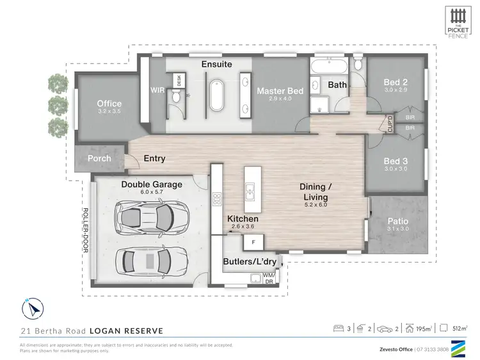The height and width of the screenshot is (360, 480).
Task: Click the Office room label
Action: (109, 104)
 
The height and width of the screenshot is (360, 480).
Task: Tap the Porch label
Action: (99, 158)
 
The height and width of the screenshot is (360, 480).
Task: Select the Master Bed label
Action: (279, 92)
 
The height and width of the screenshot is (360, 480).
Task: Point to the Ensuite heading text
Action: (216, 65)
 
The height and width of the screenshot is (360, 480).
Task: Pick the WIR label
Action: (158, 90)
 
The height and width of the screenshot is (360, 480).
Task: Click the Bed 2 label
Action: (396, 82)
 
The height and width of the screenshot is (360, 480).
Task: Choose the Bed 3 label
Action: (396, 161)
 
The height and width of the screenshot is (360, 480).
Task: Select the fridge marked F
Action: (252, 242)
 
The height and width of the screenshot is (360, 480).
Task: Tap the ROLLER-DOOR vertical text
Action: (84, 230)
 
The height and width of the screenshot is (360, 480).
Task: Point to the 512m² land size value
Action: (458, 329)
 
